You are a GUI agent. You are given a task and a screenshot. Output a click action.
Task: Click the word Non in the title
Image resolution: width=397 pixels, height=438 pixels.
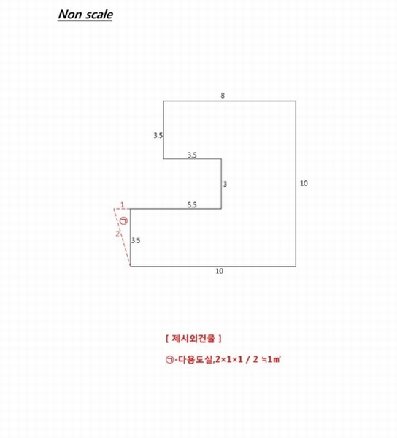pyautogui.click(x=68, y=15)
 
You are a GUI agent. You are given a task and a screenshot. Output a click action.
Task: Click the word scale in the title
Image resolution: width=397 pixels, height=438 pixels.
pyautogui.click(x=98, y=15)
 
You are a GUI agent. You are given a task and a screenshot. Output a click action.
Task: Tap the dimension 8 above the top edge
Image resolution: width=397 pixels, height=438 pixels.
pyautogui.click(x=223, y=96)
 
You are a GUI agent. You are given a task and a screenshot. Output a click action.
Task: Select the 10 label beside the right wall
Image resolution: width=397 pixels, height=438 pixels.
pyautogui.click(x=304, y=183)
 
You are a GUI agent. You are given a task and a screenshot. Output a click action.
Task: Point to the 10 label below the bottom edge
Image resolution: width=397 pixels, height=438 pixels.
pyautogui.click(x=220, y=271)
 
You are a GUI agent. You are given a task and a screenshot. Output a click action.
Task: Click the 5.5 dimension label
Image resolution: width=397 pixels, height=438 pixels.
pyautogui.click(x=192, y=204)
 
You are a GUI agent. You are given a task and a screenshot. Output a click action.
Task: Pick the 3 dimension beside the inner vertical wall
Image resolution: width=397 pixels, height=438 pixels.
pyautogui.click(x=225, y=184)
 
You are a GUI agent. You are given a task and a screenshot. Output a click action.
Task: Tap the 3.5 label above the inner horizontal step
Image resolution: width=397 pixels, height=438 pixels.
pyautogui.click(x=192, y=155)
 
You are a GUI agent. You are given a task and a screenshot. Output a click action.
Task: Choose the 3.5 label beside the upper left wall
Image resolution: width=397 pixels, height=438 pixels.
pyautogui.click(x=158, y=136)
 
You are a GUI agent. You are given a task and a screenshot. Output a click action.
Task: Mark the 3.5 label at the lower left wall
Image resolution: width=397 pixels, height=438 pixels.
pyautogui.click(x=136, y=240)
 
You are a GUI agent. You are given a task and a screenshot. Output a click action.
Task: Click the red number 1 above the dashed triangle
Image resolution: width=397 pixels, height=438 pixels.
pyautogui.click(x=123, y=205)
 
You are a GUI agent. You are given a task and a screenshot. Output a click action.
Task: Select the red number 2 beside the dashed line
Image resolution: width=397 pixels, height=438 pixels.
pyautogui.click(x=117, y=234)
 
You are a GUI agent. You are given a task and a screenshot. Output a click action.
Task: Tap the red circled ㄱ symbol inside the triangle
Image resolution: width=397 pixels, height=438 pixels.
pyautogui.click(x=123, y=220)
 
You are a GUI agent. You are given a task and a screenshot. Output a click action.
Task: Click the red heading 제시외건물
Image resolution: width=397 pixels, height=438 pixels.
pyautogui.click(x=193, y=339)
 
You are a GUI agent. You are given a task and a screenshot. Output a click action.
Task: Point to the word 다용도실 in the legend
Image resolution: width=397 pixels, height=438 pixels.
pyautogui.click(x=195, y=359)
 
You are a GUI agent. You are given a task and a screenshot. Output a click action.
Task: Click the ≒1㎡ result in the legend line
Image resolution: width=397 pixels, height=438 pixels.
pyautogui.click(x=271, y=359)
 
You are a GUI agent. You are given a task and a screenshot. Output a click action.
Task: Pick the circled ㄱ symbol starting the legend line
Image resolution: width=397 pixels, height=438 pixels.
pyautogui.click(x=169, y=359)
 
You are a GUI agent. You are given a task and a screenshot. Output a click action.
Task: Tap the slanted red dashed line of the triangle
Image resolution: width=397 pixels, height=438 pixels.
pyautogui.click(x=122, y=237)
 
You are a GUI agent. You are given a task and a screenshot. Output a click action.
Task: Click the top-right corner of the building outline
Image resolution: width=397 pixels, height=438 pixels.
pyautogui.click(x=296, y=101)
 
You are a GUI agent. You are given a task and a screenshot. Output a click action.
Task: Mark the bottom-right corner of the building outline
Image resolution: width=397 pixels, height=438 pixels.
pyautogui.click(x=296, y=266)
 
